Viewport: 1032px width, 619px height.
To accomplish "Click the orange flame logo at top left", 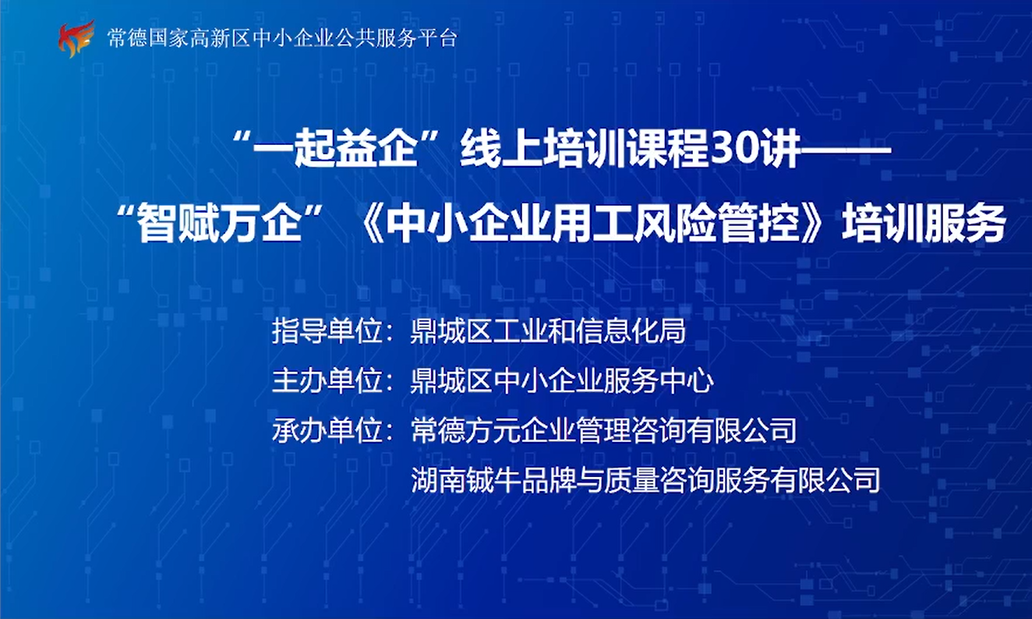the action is [76, 39].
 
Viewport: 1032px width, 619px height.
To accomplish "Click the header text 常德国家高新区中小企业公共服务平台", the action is [282, 37].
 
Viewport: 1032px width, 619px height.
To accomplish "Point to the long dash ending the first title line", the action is [846, 150].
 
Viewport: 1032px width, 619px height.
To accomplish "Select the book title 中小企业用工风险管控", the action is [593, 224].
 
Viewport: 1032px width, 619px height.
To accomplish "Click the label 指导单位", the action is [327, 331].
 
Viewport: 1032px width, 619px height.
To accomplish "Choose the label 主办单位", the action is [327, 380].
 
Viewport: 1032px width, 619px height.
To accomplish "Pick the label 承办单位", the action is [327, 430].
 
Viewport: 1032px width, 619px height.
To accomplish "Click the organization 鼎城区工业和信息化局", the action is [548, 331].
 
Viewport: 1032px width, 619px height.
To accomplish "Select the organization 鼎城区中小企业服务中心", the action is [562, 380].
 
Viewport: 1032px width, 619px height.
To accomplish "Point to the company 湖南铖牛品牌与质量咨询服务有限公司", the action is [645, 479].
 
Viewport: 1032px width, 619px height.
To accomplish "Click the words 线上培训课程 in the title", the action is [584, 150].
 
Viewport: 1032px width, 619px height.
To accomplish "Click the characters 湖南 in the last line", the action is [439, 479].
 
